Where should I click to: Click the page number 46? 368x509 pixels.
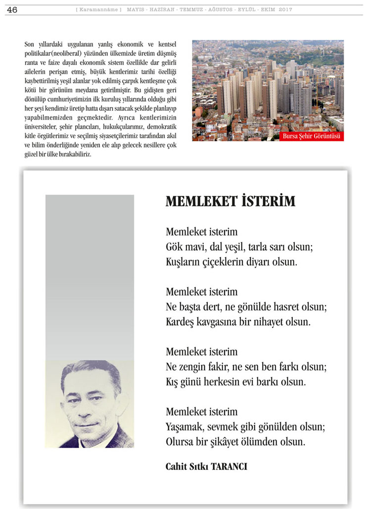[12, 10]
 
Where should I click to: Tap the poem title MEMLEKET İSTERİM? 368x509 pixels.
[230, 201]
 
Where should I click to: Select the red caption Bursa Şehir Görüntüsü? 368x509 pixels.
[312, 136]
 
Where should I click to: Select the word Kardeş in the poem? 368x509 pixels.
[182, 322]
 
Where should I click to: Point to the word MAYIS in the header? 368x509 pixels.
[137, 10]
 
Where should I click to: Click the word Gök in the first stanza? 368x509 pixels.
[174, 247]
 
